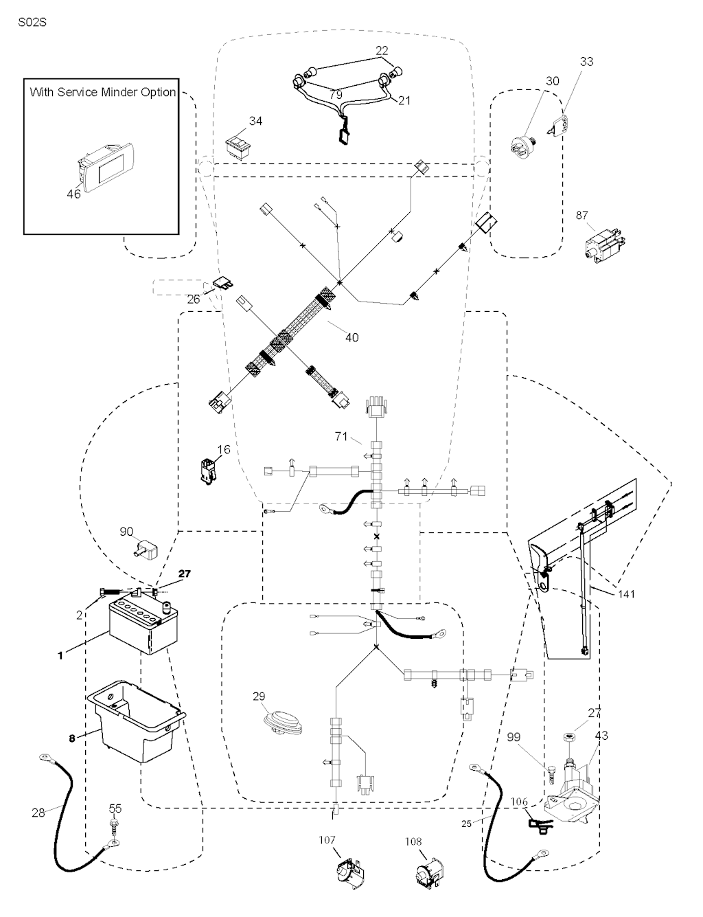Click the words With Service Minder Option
click(103, 92)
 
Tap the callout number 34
click(255, 122)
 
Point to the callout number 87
click(582, 216)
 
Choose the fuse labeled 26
click(222, 282)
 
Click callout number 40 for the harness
click(351, 337)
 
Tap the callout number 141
click(625, 593)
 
